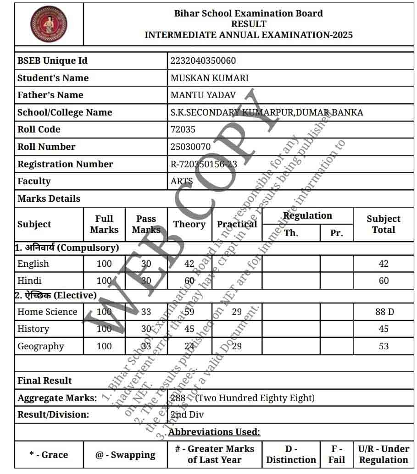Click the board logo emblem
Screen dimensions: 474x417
49,24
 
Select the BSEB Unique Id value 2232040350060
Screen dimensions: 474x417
203,61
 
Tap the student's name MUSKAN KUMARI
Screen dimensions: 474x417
209,78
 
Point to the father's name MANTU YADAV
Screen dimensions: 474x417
203,95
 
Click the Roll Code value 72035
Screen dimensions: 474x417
183,130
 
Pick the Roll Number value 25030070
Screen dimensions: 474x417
190,147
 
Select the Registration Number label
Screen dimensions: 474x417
65,164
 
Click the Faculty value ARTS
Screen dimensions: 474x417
182,182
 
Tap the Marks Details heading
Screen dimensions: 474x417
49,198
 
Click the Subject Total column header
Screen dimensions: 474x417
383,224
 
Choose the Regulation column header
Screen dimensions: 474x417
307,216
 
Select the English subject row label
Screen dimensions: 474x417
33,264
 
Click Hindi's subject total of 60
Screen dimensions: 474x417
384,281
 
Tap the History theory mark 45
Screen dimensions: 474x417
189,329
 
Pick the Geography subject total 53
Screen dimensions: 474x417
384,346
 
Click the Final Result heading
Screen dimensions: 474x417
44,380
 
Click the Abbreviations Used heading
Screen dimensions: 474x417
214,432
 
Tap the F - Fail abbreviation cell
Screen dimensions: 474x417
337,454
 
